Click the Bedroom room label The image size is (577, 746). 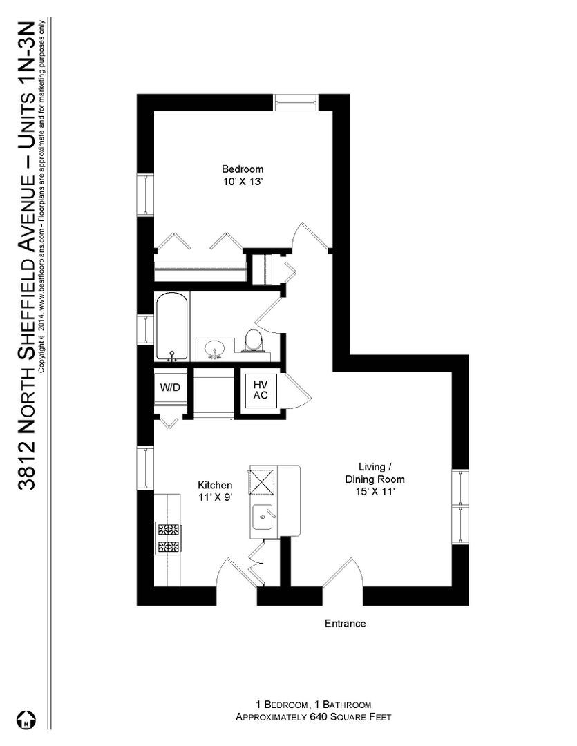coord(243,169)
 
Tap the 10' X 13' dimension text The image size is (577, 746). coord(243,182)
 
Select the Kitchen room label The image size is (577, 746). coord(215,486)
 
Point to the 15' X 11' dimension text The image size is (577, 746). coord(375,492)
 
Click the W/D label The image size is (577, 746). coord(170,388)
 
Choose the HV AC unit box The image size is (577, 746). coord(261,390)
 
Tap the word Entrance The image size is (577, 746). coord(345,623)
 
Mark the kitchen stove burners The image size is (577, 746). coord(169,537)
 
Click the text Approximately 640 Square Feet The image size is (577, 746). coord(313,717)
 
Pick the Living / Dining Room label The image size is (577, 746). coord(375,473)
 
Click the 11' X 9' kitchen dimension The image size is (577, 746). coord(215,497)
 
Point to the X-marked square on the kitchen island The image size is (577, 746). coord(263,481)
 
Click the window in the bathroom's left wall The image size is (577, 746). coord(145,329)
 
